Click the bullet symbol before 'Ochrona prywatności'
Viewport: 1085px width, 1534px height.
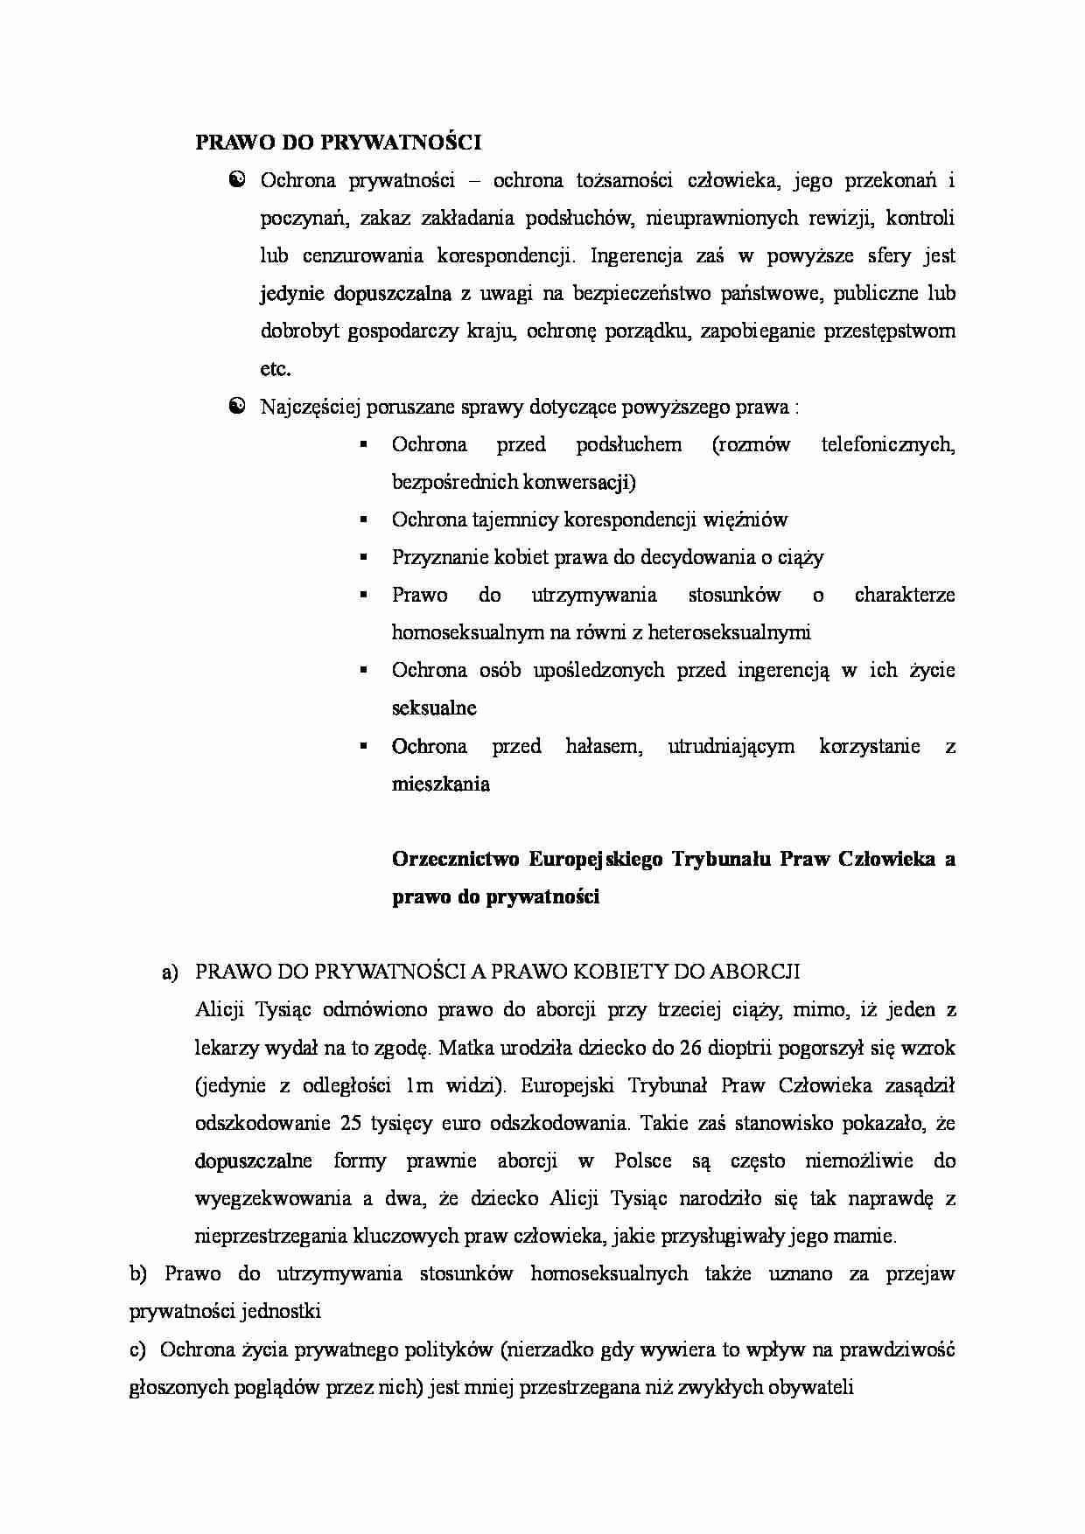[x=236, y=180]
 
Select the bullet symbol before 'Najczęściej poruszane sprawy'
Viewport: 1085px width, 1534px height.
[x=236, y=407]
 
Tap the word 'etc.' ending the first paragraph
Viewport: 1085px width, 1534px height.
[x=275, y=369]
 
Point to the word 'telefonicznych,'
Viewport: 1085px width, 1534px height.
[x=887, y=444]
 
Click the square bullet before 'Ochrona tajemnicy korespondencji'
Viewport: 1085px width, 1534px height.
[x=362, y=520]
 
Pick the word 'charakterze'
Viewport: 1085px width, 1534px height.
[x=904, y=596]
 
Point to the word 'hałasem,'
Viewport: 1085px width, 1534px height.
[x=604, y=746]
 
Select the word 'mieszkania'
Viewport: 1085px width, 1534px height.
[x=440, y=784]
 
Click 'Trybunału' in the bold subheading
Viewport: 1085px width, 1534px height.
[x=720, y=859]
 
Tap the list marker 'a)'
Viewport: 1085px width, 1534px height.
[x=170, y=973]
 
